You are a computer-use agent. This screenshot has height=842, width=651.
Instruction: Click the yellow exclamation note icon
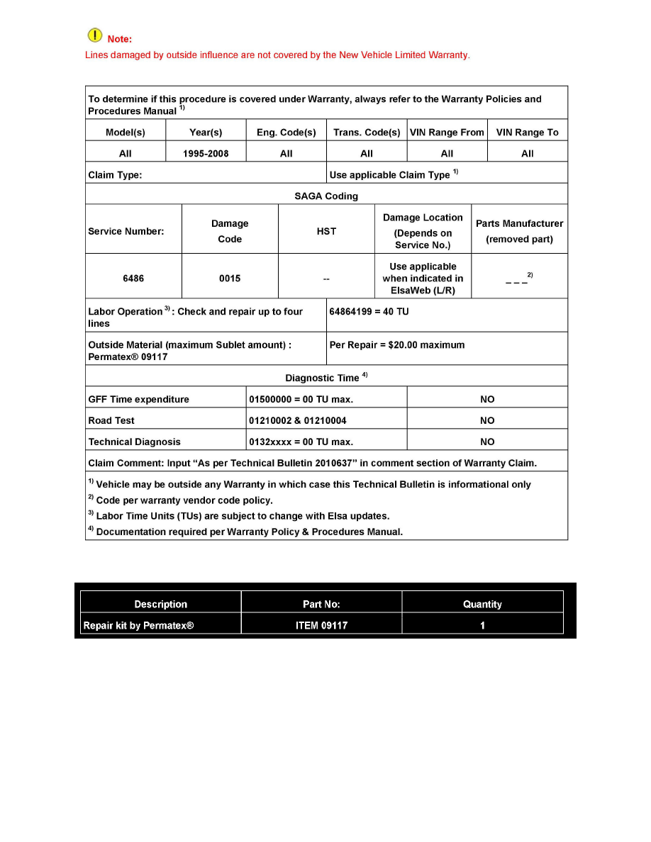(94, 35)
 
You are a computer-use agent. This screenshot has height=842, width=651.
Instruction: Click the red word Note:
(119, 39)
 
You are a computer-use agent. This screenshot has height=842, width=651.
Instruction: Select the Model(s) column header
(126, 133)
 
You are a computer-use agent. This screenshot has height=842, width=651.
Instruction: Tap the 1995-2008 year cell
(206, 154)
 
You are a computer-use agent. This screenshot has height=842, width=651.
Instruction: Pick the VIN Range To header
(527, 133)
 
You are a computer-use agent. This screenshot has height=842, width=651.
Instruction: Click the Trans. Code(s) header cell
(367, 133)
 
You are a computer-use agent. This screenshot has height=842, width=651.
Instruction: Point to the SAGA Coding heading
(326, 196)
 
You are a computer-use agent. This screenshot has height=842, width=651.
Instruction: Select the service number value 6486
(133, 279)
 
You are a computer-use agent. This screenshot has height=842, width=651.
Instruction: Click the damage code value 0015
(230, 279)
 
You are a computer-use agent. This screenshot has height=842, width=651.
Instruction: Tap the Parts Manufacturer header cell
(519, 231)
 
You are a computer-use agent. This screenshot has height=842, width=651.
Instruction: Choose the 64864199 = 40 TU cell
(369, 312)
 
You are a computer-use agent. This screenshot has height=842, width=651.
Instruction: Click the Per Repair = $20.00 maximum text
(397, 345)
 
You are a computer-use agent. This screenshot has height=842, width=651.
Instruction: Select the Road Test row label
(111, 420)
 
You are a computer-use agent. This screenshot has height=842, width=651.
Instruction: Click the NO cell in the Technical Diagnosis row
(487, 442)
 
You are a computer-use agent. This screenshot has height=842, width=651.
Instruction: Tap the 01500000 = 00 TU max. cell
(301, 399)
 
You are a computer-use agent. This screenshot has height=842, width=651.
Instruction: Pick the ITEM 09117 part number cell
(321, 625)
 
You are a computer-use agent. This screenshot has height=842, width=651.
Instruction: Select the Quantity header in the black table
(482, 605)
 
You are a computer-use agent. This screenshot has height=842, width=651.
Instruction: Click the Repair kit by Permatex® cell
(138, 625)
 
